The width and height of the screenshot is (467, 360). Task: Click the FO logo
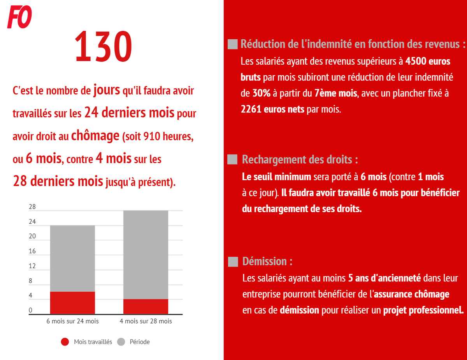[19, 18]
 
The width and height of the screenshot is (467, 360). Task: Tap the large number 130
[104, 47]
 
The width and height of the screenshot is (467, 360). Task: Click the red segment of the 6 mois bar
[72, 302]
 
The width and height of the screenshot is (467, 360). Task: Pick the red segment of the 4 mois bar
[146, 306]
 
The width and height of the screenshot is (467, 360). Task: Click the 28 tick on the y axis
[32, 207]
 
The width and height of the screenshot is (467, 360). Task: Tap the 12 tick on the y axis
[32, 266]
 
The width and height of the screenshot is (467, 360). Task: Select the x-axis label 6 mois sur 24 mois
[72, 321]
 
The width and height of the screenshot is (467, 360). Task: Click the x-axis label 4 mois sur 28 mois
[146, 321]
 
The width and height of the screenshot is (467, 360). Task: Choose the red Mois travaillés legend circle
[65, 342]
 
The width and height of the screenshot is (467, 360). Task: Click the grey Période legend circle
[121, 342]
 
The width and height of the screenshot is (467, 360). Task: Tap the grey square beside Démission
[233, 262]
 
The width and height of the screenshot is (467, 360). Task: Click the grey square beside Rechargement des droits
[232, 160]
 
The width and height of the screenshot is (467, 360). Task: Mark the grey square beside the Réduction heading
[232, 44]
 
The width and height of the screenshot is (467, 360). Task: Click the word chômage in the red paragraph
[95, 136]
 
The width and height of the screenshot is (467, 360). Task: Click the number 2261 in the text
[251, 109]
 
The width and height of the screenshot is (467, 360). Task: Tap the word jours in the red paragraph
[106, 90]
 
